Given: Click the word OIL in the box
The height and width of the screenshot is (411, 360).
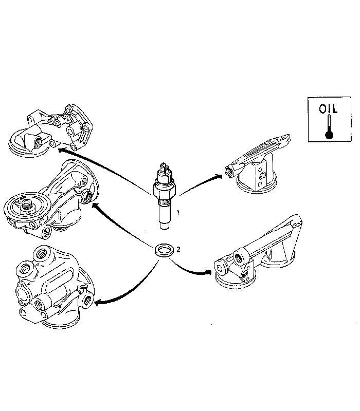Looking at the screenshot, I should tap(328, 109).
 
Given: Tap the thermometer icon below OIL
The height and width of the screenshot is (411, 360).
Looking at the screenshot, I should tap(329, 129).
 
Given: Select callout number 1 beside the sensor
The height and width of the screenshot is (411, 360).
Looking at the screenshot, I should tap(178, 212).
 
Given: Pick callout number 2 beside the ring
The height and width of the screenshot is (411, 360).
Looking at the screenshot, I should tap(178, 249).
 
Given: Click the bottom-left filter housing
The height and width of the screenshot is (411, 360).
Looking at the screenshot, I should tap(51, 288).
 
